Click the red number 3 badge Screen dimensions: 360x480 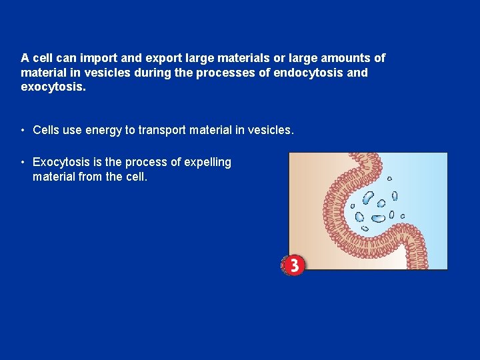[x=293, y=265]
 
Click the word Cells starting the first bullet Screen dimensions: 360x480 [x=46, y=130]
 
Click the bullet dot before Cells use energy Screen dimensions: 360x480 [x=23, y=130]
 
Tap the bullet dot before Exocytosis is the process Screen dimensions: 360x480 [x=23, y=162]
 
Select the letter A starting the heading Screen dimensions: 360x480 [x=25, y=58]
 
